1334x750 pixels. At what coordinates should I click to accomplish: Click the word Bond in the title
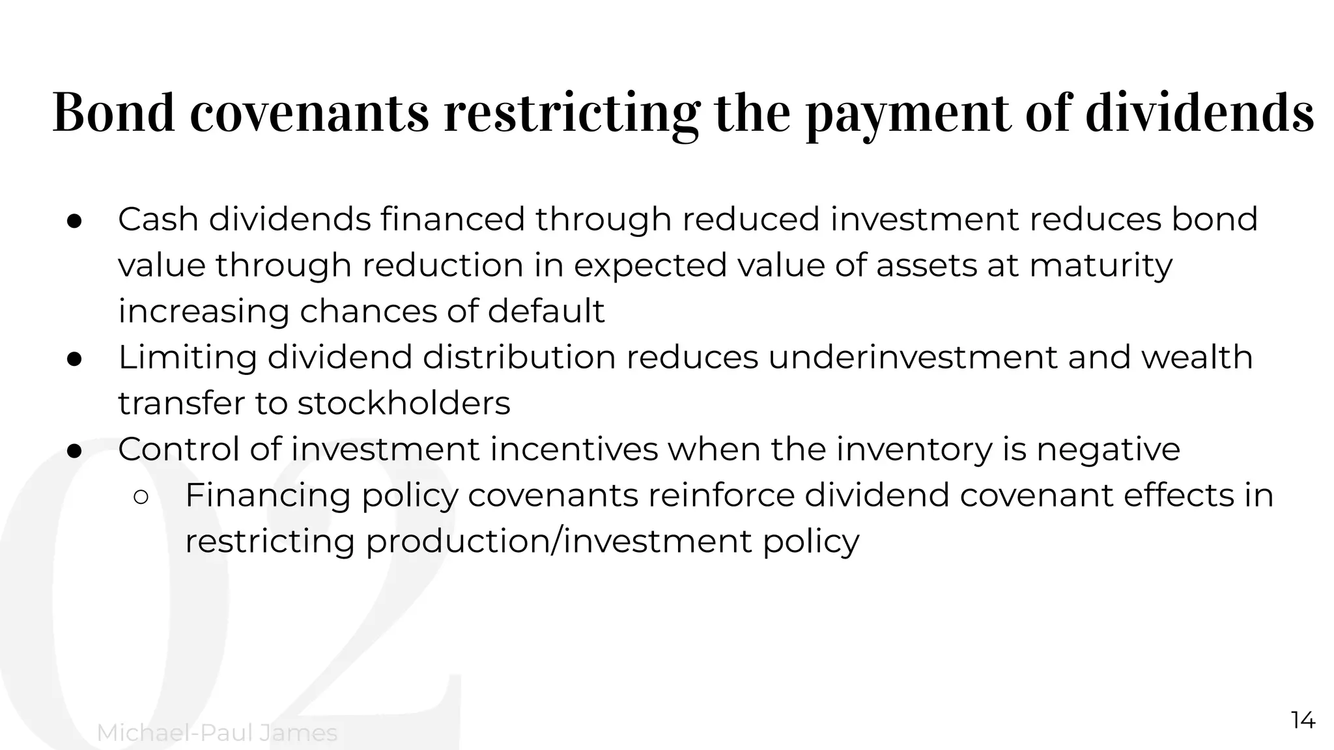114,113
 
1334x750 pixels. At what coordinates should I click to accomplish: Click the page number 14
1303,721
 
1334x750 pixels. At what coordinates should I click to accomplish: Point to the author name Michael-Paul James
217,733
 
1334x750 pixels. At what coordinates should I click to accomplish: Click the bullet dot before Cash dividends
74,220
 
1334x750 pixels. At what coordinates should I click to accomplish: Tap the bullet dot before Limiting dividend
74,358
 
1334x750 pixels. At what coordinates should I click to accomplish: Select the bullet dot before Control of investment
74,451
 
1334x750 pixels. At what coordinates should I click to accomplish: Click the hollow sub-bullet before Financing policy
141,497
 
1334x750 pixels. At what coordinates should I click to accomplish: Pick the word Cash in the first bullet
158,219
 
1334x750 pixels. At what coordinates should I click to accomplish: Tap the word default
546,311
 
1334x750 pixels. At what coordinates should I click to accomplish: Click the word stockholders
404,404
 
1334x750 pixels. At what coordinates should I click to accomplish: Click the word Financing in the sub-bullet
268,495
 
